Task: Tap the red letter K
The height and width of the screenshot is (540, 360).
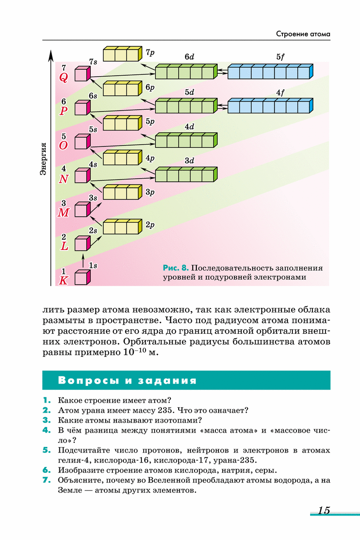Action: (63, 281)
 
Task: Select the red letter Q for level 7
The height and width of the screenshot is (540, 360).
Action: (63, 78)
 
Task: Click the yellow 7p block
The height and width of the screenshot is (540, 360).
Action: (122, 54)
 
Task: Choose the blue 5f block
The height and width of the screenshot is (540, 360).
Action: (270, 72)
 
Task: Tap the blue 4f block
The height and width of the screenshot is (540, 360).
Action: (270, 106)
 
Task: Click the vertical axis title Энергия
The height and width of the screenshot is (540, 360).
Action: (44, 159)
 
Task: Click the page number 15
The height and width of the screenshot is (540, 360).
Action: (324, 510)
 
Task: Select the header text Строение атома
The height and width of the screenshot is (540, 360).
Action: (303, 34)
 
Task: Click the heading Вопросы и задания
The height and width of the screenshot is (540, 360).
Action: (127, 380)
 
